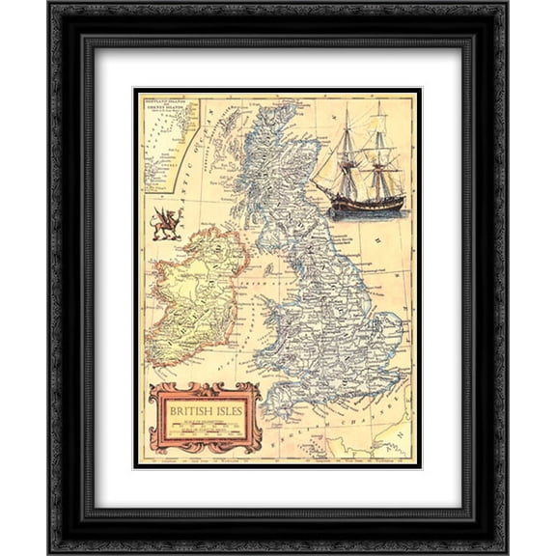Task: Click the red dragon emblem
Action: click(x=166, y=225)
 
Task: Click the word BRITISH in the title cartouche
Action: click(x=188, y=409)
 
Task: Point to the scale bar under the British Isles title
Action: click(x=206, y=426)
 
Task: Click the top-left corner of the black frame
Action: click(x=51, y=7)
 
